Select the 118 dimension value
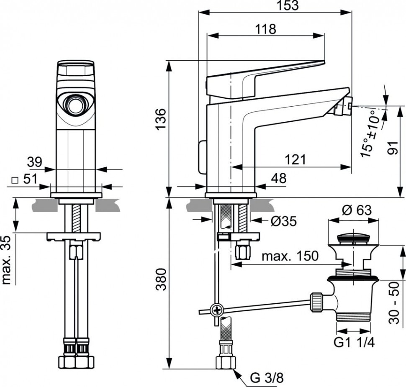(x=266, y=29)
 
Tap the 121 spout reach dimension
(x=296, y=160)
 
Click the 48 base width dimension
(x=279, y=178)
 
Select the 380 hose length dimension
(x=161, y=279)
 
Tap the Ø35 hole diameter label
(x=284, y=221)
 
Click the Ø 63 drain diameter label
(x=357, y=210)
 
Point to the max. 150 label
(x=290, y=256)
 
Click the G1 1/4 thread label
(x=354, y=343)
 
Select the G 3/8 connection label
(x=267, y=378)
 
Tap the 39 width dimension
(x=34, y=162)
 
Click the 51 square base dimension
(x=25, y=179)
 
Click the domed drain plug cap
(x=354, y=238)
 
